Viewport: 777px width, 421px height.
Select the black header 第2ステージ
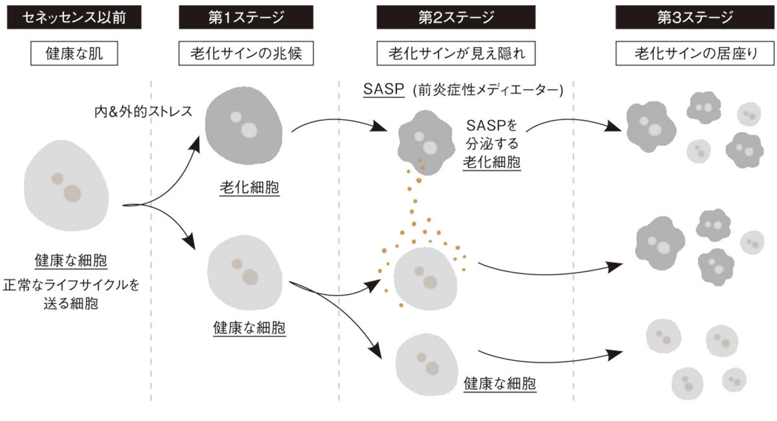coord(456,17)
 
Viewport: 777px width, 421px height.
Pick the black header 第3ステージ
coord(695,17)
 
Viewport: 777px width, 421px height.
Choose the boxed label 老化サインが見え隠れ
coord(456,54)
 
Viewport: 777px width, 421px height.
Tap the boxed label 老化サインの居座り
coord(695,54)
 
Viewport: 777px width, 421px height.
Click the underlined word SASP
coord(381,91)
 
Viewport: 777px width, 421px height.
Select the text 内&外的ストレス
coord(143,111)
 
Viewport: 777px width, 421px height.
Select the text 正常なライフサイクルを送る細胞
coord(71,293)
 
